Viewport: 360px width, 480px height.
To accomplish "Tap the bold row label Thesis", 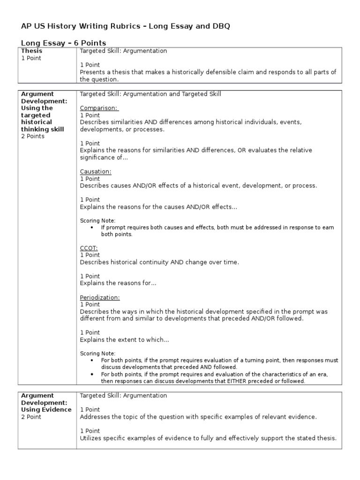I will click(x=31, y=51).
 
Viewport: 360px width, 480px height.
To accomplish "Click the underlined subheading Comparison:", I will click(x=99, y=108).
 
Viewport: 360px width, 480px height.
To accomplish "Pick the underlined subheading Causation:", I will click(x=96, y=172).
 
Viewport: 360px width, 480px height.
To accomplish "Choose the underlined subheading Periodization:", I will click(x=100, y=297).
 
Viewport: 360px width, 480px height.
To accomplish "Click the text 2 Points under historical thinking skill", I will click(x=33, y=136).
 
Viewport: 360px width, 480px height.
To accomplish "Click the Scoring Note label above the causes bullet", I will click(x=97, y=220).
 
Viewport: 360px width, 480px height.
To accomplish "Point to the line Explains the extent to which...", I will click(x=124, y=340).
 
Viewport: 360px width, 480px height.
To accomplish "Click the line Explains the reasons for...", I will click(x=118, y=283).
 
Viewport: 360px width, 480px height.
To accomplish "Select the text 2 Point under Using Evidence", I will click(x=31, y=417).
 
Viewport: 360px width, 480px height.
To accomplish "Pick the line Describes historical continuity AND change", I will click(x=159, y=262).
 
